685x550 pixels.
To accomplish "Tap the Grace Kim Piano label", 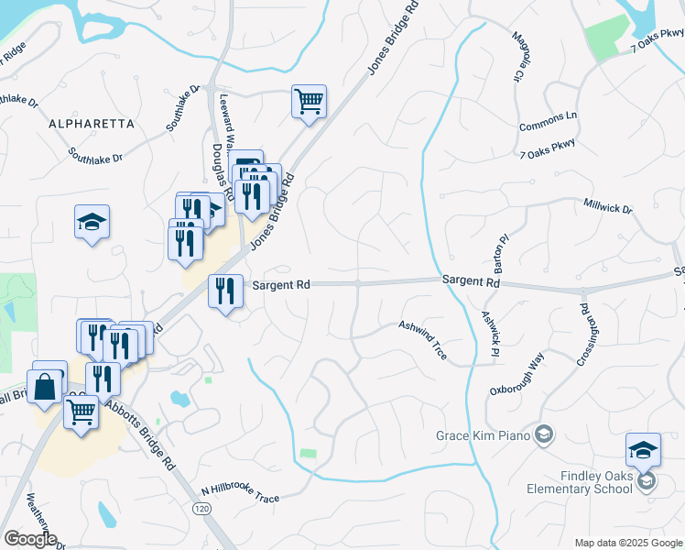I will click(484, 434).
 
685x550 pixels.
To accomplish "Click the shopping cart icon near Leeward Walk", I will click(310, 101).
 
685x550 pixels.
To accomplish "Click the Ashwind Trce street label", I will click(422, 339).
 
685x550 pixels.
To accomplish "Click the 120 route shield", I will click(201, 507).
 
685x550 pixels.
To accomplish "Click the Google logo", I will click(30, 539).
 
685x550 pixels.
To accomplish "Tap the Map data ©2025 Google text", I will click(627, 543).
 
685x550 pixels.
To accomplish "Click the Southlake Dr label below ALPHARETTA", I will click(95, 158).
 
